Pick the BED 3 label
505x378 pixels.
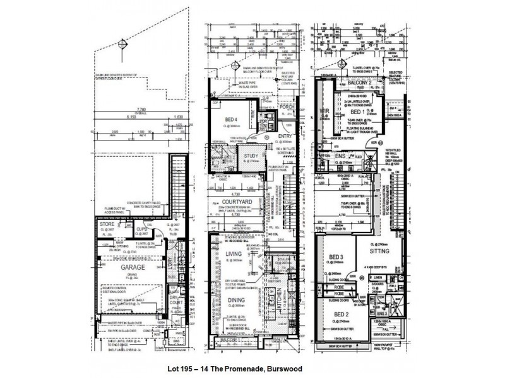336,258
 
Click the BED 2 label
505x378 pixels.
341,314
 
